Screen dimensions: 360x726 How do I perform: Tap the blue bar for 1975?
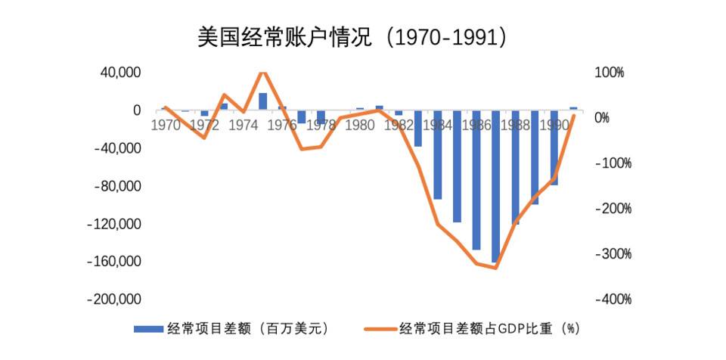click(262, 101)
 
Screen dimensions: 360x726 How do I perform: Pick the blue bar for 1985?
click(457, 166)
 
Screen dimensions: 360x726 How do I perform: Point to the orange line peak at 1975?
click(262, 73)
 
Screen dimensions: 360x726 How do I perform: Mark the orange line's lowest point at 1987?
click(495, 268)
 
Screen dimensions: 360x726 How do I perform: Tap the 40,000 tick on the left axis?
click(121, 73)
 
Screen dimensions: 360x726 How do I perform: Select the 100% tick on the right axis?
click(609, 73)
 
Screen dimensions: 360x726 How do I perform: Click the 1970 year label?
click(166, 125)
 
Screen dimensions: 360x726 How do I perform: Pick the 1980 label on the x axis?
click(359, 125)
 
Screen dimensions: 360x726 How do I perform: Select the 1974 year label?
click(243, 125)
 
